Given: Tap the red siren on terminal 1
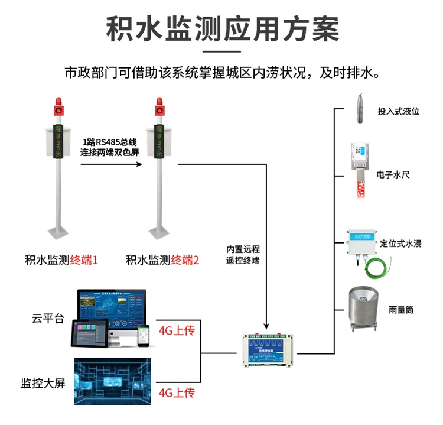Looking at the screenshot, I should point(58,107).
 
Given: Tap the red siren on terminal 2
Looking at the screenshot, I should point(158,107).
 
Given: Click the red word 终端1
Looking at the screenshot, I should point(83,259).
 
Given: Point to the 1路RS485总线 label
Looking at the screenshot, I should point(110,142).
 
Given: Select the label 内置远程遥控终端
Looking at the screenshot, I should point(243,255).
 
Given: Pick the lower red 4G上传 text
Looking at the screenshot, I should point(176,392).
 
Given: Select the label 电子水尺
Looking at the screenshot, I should point(391,175).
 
